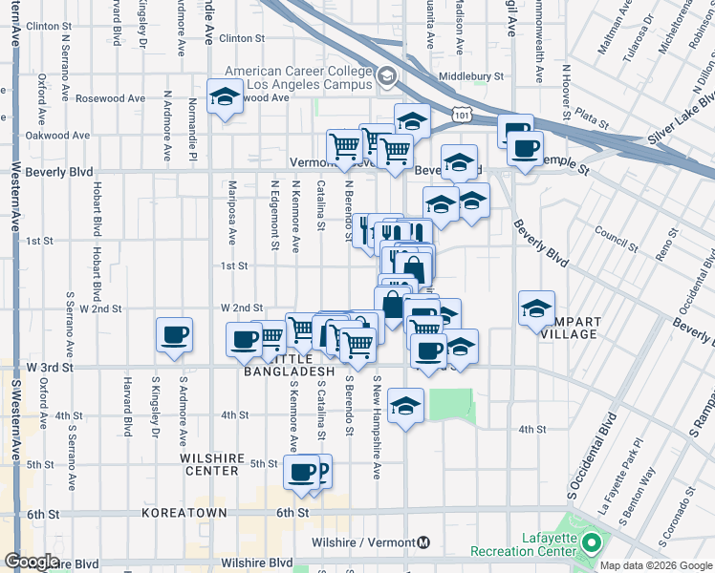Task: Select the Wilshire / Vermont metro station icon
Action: (x=423, y=542)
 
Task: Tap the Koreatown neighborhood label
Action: (x=184, y=513)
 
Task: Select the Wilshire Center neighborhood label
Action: (x=209, y=464)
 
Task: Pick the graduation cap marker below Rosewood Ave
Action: (x=225, y=97)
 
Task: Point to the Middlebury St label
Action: (x=470, y=76)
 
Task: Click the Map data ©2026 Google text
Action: (x=656, y=565)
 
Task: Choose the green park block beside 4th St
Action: (x=451, y=404)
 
